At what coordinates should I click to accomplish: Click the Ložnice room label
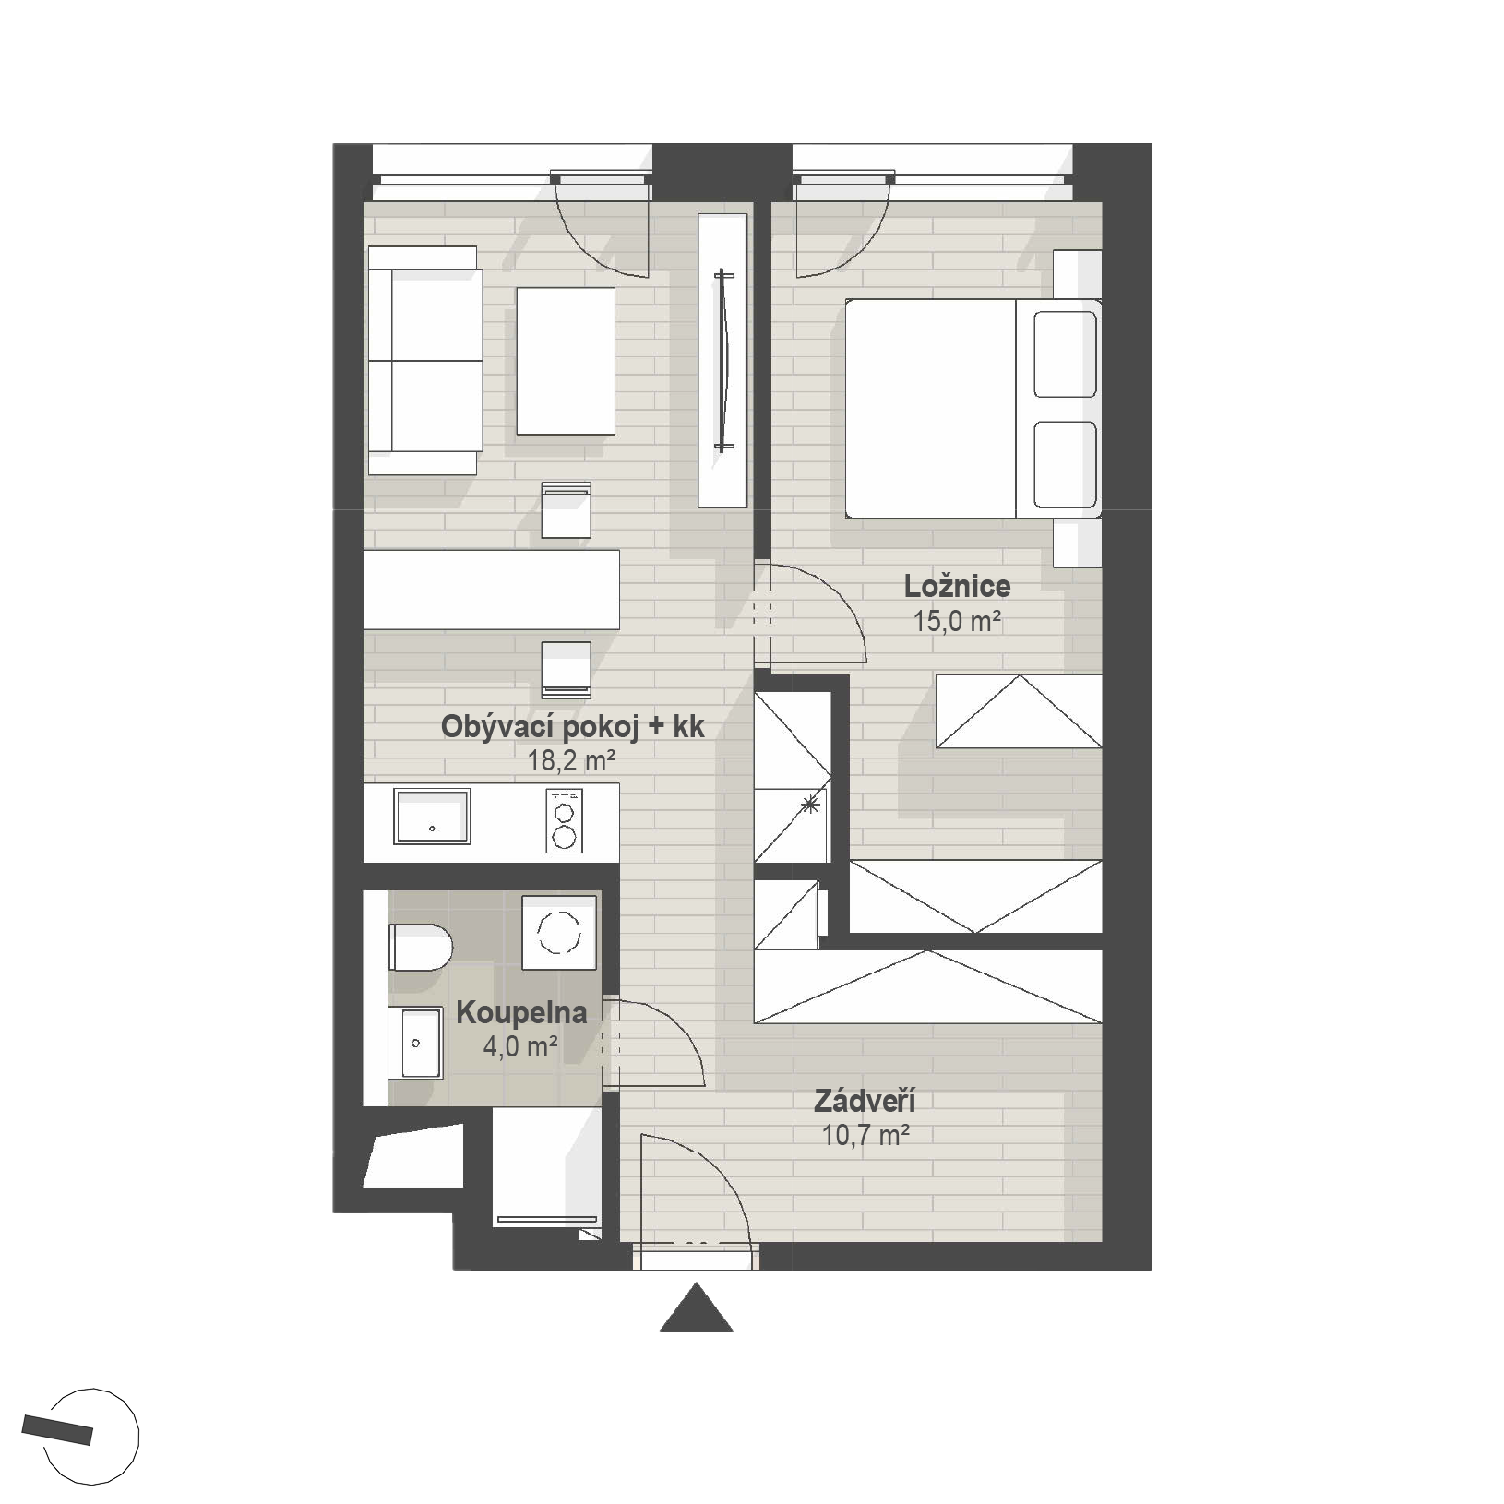(x=957, y=586)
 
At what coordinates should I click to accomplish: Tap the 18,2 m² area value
(x=571, y=761)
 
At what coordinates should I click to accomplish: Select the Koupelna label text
(x=521, y=1013)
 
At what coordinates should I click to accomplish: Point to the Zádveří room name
(x=865, y=1101)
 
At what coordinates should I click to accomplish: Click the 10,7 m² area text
(x=866, y=1135)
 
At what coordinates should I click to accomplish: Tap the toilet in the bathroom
(x=420, y=947)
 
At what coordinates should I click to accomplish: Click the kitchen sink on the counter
(x=432, y=816)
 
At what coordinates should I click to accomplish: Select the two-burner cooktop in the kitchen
(x=564, y=820)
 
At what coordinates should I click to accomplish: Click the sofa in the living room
(x=424, y=360)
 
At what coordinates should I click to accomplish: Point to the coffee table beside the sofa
(x=566, y=361)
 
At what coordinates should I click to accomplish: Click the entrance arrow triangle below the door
(x=697, y=1307)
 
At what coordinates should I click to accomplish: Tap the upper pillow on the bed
(x=1066, y=354)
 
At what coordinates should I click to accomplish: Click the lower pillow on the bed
(x=1066, y=465)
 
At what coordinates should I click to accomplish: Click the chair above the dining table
(x=566, y=509)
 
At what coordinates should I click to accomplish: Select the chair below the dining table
(x=566, y=670)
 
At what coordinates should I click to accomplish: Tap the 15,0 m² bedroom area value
(x=958, y=621)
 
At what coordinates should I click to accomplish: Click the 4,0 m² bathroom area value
(x=520, y=1047)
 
